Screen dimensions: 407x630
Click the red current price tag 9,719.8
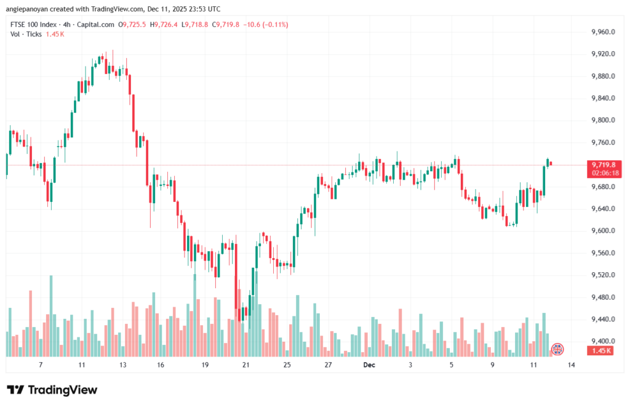[601, 165]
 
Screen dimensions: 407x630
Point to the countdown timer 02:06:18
[601, 174]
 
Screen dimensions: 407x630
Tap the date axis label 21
[246, 365]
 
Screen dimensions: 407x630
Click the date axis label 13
[122, 365]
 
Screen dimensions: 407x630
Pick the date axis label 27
[328, 365]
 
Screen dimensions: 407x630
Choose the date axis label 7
[41, 365]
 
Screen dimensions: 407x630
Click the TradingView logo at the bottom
[52, 390]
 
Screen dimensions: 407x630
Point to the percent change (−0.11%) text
[273, 25]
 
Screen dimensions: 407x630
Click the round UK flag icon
[557, 349]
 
